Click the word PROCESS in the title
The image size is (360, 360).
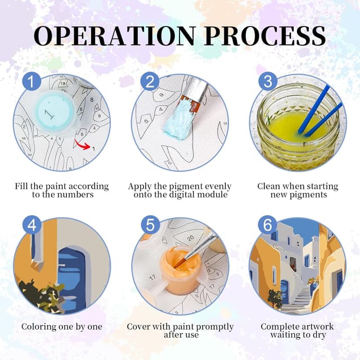click(x=265, y=36)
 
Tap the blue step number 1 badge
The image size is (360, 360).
click(x=31, y=82)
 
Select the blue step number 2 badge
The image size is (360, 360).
click(x=150, y=82)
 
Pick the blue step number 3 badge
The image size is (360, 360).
click(x=268, y=82)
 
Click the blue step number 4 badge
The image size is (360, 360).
click(x=31, y=225)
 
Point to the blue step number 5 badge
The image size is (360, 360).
click(x=150, y=225)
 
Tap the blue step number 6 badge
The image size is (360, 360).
click(x=268, y=225)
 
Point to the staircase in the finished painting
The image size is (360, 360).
click(x=299, y=299)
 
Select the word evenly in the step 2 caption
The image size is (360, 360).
click(x=218, y=186)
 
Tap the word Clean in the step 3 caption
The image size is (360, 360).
click(x=269, y=186)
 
